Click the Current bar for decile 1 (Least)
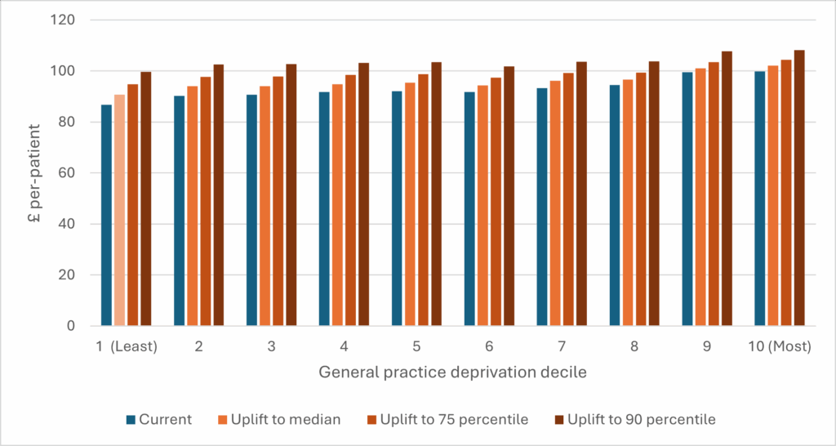(x=106, y=216)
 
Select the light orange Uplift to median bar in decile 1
(x=119, y=211)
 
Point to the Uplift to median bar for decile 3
(x=265, y=206)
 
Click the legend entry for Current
(x=159, y=420)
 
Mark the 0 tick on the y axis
(x=74, y=326)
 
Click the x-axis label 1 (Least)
(x=125, y=346)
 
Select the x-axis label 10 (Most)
(x=780, y=346)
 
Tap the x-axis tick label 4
(x=345, y=346)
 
